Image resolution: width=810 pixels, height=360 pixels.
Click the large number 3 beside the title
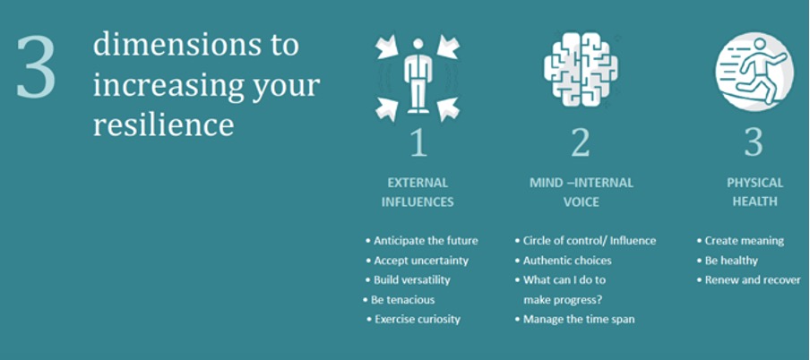coord(36,66)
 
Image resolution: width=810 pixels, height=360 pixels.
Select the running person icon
coord(754,72)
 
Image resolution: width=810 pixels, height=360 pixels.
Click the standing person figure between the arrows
coord(418,76)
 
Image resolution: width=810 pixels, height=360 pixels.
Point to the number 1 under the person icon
coord(419,142)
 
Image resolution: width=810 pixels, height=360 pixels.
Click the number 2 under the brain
coord(581,142)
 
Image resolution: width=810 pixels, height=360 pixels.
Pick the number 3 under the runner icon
coord(754,142)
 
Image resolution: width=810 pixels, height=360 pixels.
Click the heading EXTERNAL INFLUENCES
coord(418,193)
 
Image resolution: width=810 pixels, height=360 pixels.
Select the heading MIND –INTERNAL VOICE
coord(582,193)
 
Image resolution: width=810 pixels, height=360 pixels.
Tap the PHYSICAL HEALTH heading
coord(754,193)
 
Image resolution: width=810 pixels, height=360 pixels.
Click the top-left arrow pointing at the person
coord(386,47)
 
